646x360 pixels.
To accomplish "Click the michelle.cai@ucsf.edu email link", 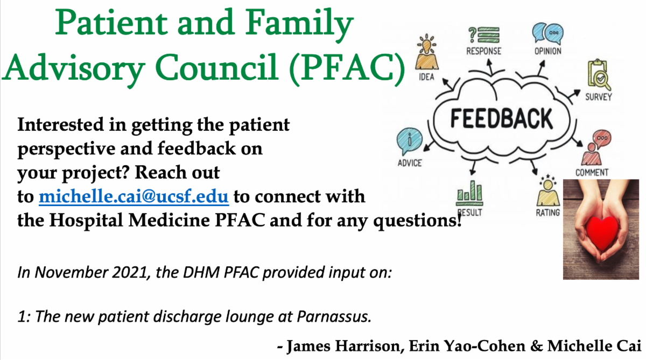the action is tap(134, 196).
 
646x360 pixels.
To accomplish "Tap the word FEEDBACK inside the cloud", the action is tap(502, 118).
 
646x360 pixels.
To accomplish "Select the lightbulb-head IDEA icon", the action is tap(427, 52).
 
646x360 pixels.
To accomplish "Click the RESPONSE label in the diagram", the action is tap(483, 51).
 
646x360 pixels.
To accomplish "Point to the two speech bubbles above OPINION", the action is tap(547, 33).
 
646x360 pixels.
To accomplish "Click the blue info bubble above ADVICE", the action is tap(409, 141).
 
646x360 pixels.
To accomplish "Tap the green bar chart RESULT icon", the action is tap(469, 192).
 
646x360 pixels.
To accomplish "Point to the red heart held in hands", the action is tap(602, 232).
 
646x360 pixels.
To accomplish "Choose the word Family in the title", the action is tap(299, 23).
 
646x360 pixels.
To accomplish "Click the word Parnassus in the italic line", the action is tap(334, 316).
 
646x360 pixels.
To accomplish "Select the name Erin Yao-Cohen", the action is tap(467, 346).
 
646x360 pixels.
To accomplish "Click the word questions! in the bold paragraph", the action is tap(418, 221).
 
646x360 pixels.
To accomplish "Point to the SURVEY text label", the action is tap(599, 97).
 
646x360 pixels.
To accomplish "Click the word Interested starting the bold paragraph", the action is tap(60, 124).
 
